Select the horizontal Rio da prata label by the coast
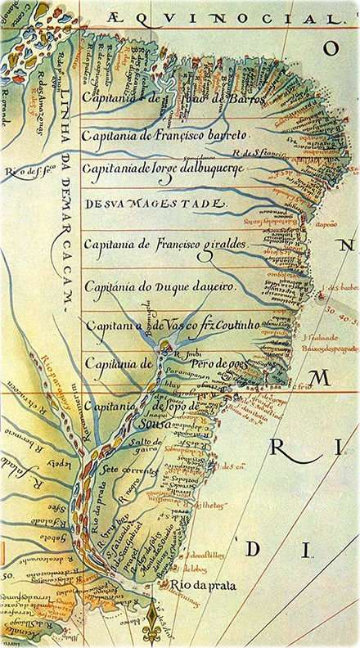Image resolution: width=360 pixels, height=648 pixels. pos(197,586)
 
